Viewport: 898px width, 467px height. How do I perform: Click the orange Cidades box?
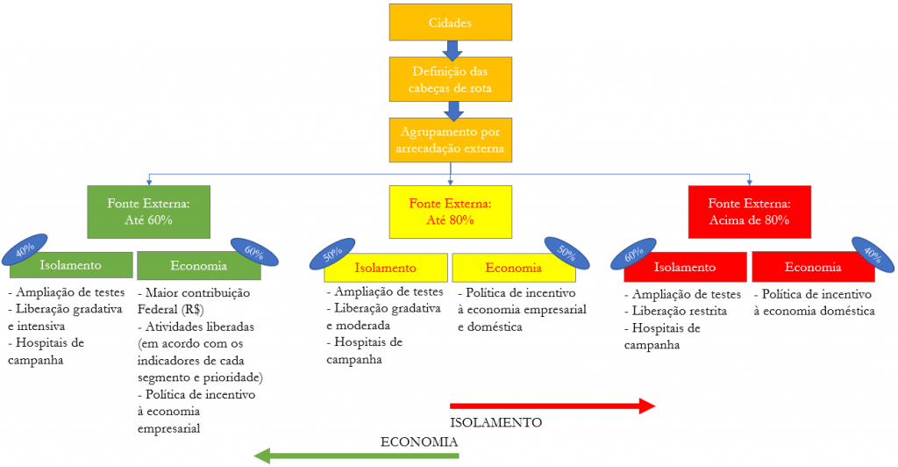(451, 22)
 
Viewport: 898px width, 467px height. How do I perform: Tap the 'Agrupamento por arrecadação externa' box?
(451, 140)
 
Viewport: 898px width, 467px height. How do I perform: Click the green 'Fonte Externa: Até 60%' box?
(148, 211)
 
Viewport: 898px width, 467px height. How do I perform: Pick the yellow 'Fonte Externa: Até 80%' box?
(450, 211)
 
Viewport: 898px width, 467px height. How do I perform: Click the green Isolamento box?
(70, 265)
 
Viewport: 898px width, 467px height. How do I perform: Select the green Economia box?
(197, 265)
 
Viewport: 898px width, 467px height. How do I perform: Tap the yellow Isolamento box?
(385, 268)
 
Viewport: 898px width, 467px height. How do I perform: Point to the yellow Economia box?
(513, 268)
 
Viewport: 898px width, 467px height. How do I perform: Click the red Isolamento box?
(685, 267)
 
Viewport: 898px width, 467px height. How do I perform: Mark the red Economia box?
(813, 267)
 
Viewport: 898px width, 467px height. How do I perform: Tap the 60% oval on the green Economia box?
(253, 252)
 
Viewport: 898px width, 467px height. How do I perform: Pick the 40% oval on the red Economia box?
(873, 252)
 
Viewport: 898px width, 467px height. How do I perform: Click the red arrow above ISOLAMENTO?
(552, 406)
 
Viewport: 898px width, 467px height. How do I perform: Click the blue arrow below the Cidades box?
(451, 48)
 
